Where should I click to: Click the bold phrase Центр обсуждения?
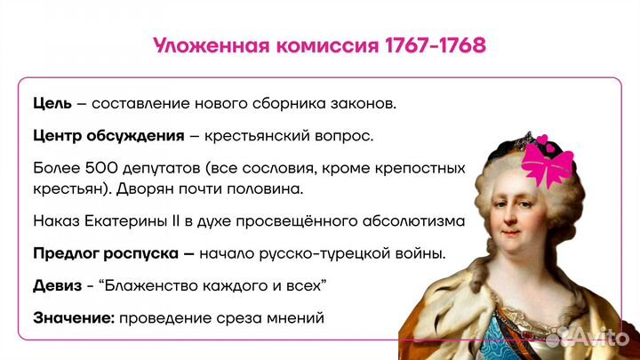pyautogui.click(x=108, y=136)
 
